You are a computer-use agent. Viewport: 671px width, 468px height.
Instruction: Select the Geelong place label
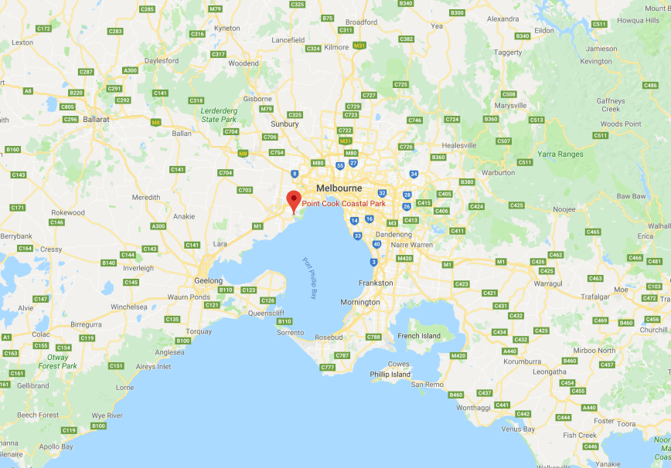tap(209, 280)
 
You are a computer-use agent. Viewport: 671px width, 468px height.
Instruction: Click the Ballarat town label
tap(97, 120)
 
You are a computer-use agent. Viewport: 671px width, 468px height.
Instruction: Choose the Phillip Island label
tap(390, 375)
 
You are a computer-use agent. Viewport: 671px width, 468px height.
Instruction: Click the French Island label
tap(419, 336)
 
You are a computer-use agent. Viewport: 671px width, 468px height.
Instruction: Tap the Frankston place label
tap(376, 283)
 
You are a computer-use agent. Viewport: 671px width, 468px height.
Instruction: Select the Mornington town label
tap(360, 302)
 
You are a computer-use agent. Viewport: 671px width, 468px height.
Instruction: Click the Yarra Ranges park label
tap(560, 154)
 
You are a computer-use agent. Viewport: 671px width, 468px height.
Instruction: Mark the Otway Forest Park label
tap(58, 361)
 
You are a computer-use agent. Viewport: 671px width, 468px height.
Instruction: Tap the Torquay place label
tap(199, 331)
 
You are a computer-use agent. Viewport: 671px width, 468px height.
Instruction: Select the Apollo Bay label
tap(56, 446)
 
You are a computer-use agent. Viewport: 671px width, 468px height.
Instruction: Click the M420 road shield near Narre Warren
tap(404, 258)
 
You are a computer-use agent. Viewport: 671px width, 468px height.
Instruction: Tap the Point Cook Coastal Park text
tap(343, 204)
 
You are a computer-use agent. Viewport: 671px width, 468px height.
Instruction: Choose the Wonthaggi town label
tap(473, 407)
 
